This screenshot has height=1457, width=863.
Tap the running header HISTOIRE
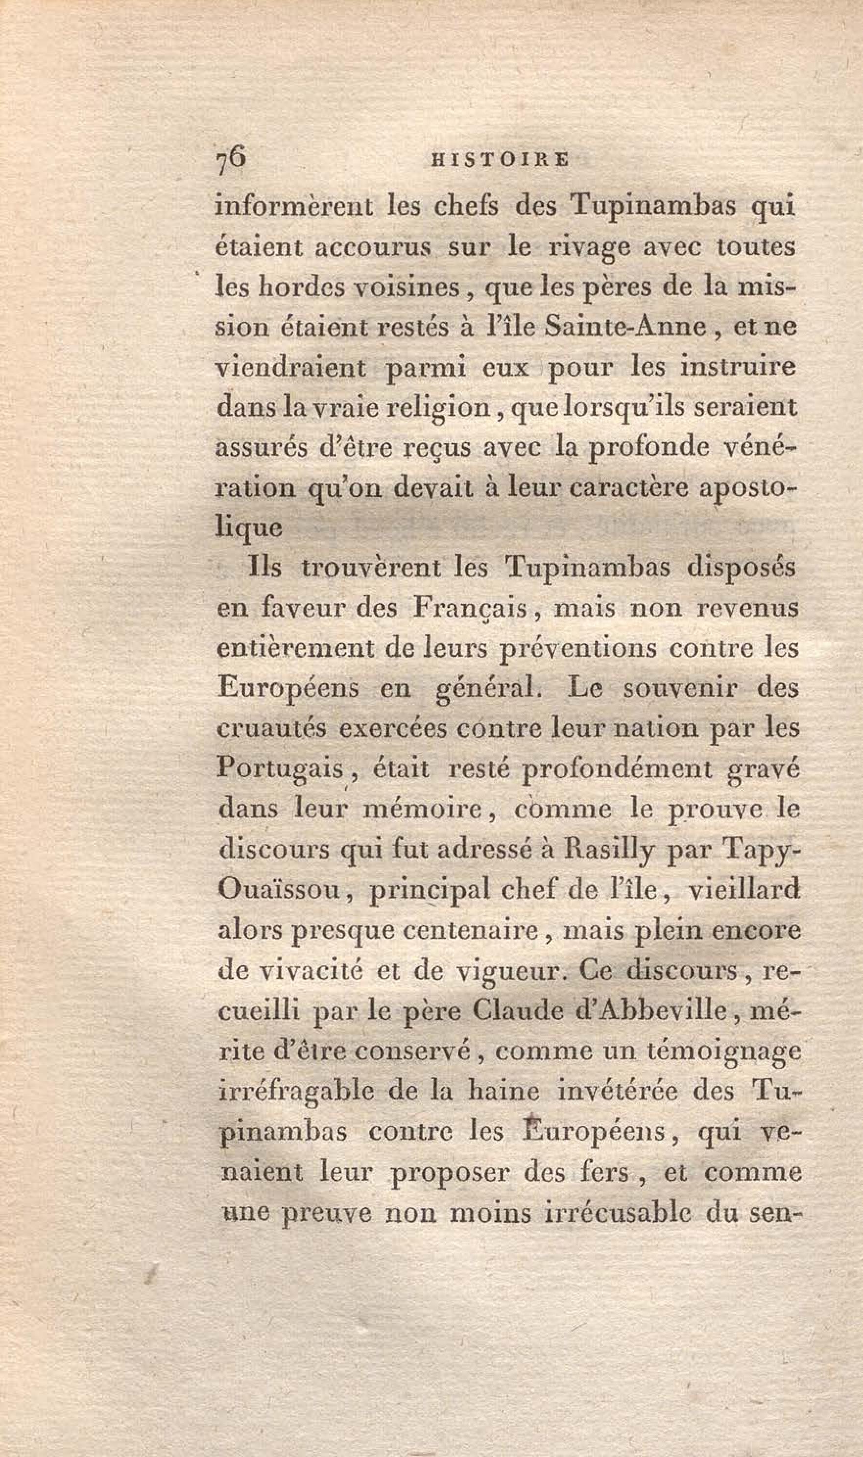pos(500,160)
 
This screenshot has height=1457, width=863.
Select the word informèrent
pos(294,208)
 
